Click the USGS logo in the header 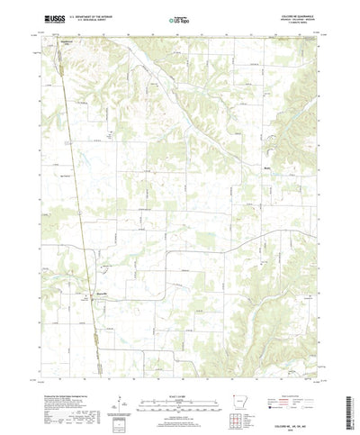coord(43,18)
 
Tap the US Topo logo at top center coord(178,18)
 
